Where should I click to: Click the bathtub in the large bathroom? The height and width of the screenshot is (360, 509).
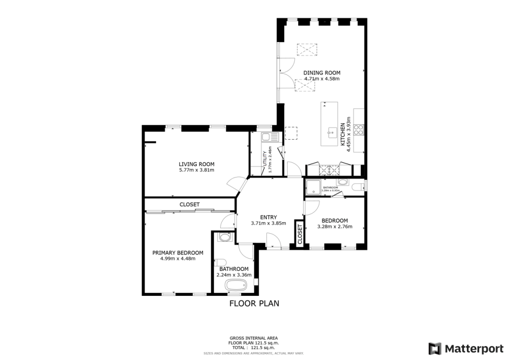(236, 286)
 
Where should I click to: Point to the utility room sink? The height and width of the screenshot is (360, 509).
(266, 137)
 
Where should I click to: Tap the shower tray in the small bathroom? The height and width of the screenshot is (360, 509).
(313, 187)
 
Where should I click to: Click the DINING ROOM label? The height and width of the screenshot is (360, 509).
(322, 73)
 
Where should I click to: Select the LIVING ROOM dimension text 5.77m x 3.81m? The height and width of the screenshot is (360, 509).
(196, 170)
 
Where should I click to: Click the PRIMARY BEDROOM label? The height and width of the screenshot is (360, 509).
(177, 253)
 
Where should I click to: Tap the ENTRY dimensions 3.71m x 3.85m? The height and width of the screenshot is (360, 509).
(268, 223)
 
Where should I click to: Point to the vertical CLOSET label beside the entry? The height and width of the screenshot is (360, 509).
(300, 234)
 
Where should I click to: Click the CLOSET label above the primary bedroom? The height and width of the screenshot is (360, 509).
(189, 204)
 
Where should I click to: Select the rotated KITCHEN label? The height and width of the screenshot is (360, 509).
(342, 134)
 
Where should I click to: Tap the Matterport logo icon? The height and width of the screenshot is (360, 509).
(435, 348)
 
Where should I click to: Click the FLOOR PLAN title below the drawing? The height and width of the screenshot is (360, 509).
(254, 303)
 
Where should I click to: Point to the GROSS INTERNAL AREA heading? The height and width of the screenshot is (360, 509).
(254, 337)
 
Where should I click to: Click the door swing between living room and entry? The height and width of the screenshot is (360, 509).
(235, 185)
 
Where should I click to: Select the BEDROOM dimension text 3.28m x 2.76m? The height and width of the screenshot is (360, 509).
(335, 227)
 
